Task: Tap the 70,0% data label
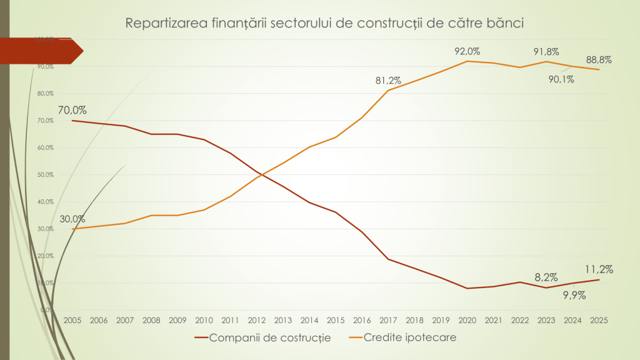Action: click(x=73, y=111)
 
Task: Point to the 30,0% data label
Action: click(x=73, y=219)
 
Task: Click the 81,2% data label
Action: click(x=387, y=80)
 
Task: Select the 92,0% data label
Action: click(x=467, y=51)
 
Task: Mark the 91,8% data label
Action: click(x=546, y=51)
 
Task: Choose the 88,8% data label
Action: click(x=599, y=60)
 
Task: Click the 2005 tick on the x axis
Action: click(x=72, y=319)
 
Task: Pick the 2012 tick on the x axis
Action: click(x=257, y=319)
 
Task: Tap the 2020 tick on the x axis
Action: click(x=467, y=319)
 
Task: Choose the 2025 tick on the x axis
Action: click(x=599, y=319)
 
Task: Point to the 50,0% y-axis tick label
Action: click(x=46, y=174)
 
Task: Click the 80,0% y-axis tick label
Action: click(x=46, y=94)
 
